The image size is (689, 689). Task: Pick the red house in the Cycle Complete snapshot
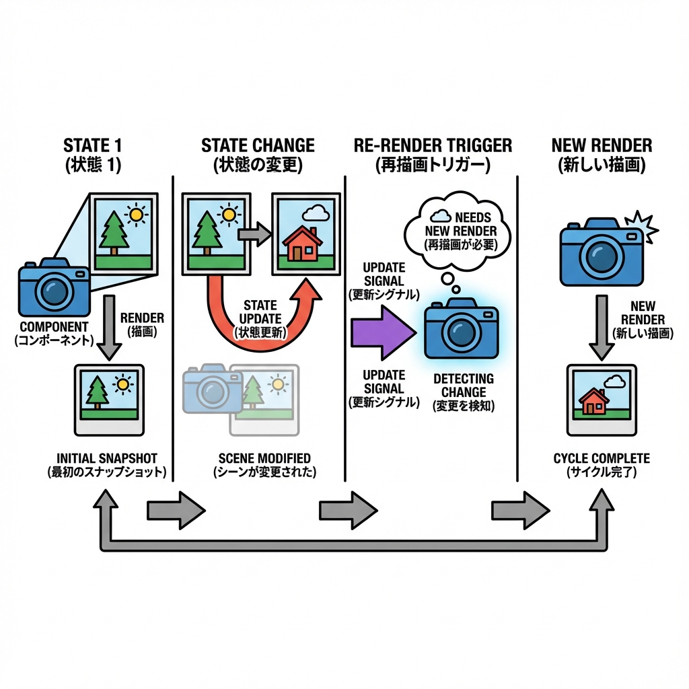click(593, 401)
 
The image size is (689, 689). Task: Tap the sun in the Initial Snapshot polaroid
click(122, 385)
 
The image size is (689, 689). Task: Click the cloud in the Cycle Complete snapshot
click(614, 382)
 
